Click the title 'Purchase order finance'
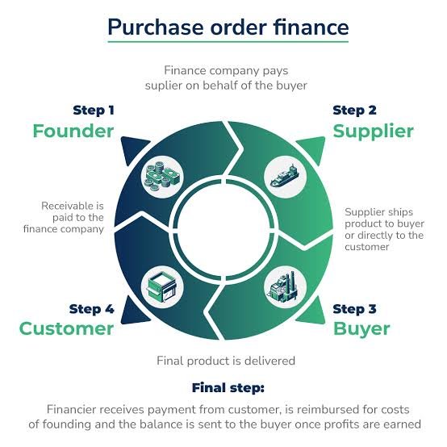click(228, 27)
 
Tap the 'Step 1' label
click(94, 111)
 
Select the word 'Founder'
click(73, 132)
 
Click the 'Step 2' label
click(355, 111)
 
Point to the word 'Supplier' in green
click(373, 132)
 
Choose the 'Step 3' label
click(355, 309)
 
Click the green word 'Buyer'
click(361, 329)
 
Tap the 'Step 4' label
click(91, 309)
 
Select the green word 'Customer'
click(66, 328)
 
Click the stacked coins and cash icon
click(162, 177)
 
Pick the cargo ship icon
click(285, 176)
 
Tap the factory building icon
click(285, 286)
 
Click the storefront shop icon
click(162, 286)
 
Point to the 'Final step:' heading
click(228, 388)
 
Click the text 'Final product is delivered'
click(226, 361)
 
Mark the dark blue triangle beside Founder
click(133, 148)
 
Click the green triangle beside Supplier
click(313, 148)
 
